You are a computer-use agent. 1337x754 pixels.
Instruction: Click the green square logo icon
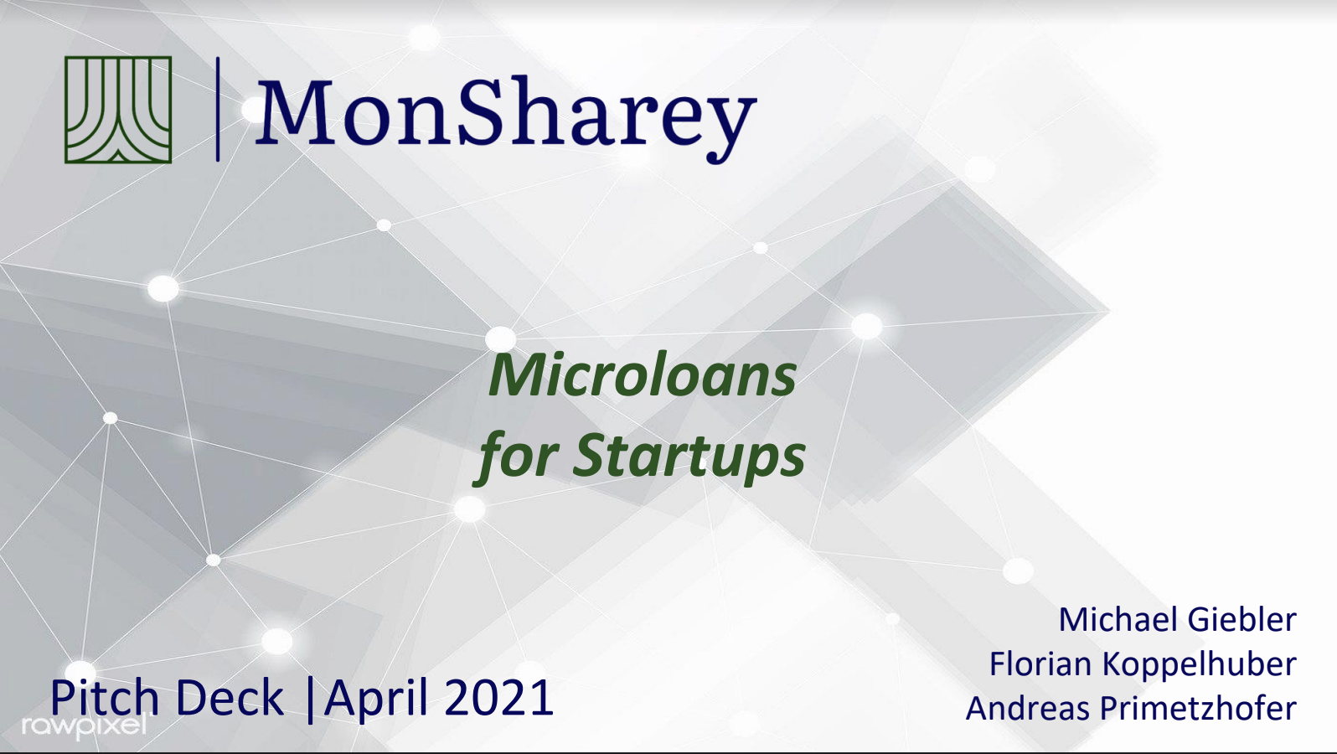(118, 110)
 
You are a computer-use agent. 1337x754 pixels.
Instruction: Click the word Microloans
(643, 376)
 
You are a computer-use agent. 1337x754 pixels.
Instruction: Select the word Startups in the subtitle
(689, 457)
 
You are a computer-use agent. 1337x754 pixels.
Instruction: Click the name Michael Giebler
(1177, 620)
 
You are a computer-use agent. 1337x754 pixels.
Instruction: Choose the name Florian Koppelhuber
(1143, 664)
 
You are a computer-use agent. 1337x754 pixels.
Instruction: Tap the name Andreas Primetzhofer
(1131, 709)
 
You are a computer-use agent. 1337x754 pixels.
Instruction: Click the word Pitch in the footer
(104, 698)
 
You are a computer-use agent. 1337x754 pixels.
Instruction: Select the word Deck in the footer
(230, 698)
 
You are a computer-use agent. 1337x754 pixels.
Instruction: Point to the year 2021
(499, 698)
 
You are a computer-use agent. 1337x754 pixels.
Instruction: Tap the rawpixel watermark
(84, 726)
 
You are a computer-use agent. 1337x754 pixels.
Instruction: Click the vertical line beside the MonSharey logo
(218, 109)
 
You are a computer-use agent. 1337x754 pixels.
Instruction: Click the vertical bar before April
(310, 699)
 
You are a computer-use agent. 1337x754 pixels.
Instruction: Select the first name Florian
(1040, 664)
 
